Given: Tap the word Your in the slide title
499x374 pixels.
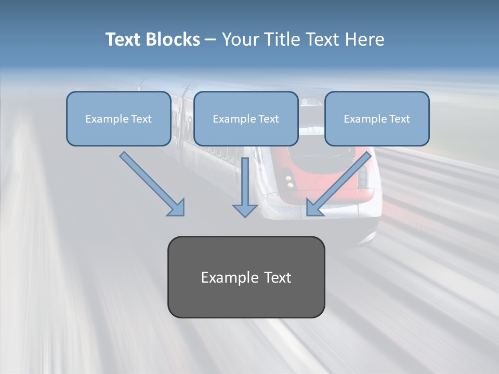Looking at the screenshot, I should pyautogui.click(x=241, y=39).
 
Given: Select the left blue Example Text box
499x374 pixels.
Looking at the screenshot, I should pyautogui.click(x=119, y=118).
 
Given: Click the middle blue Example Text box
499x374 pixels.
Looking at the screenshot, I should pyautogui.click(x=246, y=118).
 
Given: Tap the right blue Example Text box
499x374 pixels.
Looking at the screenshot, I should pyautogui.click(x=377, y=118).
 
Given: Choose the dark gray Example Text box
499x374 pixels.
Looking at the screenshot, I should pyautogui.click(x=246, y=277).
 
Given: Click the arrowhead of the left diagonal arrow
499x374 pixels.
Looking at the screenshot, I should pyautogui.click(x=176, y=207).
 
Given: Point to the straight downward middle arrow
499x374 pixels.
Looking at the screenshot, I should pyautogui.click(x=245, y=187).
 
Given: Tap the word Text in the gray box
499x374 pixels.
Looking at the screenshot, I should pyautogui.click(x=278, y=277).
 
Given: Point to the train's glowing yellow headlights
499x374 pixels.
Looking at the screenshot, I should pyautogui.click(x=289, y=180).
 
